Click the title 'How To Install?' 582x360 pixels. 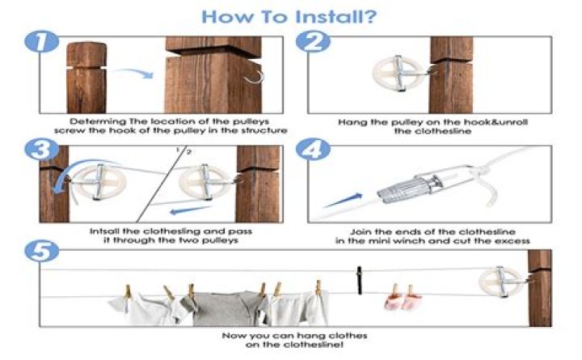290,15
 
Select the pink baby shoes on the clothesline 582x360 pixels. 398,302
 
